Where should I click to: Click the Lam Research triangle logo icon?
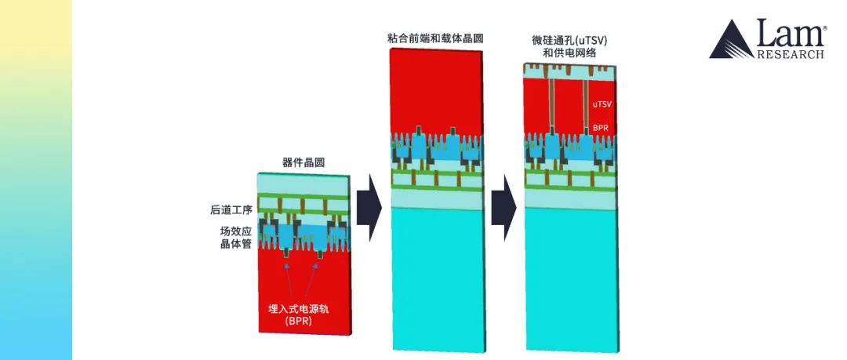click(731, 41)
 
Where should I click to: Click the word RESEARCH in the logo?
click(790, 54)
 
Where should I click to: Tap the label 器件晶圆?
click(304, 163)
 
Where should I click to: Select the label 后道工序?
click(227, 210)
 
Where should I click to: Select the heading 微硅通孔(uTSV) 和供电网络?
click(569, 44)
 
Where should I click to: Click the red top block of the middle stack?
click(436, 86)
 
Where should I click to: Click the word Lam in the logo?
click(791, 32)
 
